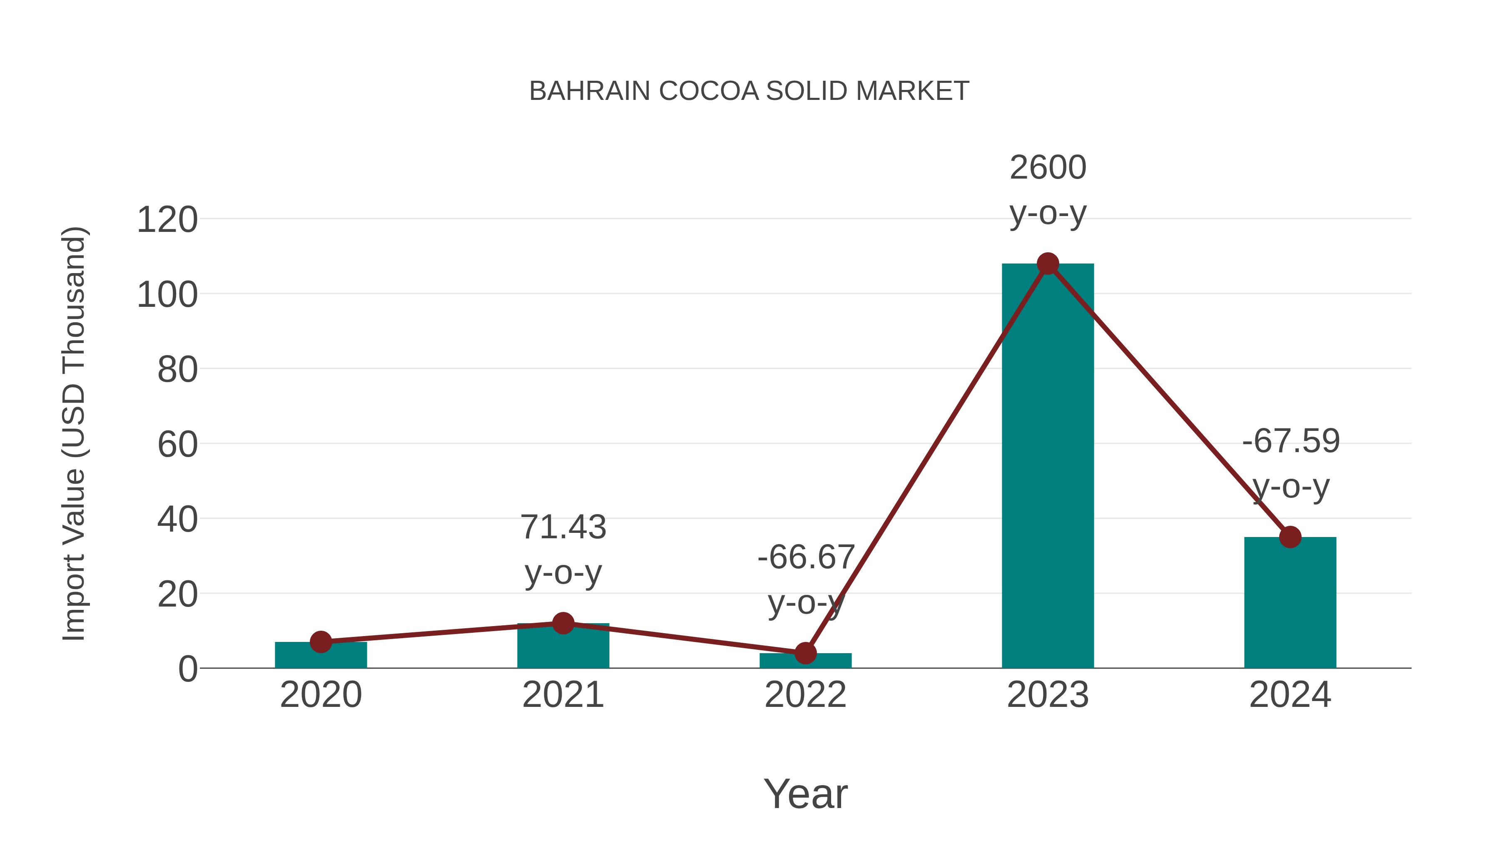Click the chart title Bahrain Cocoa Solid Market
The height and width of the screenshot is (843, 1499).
click(x=749, y=91)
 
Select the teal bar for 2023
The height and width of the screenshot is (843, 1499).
click(x=1048, y=465)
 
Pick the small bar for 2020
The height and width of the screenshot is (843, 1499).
click(x=321, y=656)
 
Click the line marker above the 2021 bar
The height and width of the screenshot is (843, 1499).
click(x=563, y=623)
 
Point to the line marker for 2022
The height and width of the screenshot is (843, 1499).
click(x=805, y=653)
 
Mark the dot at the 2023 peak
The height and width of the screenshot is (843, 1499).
click(x=1048, y=264)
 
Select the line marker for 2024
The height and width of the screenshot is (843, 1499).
click(x=1290, y=537)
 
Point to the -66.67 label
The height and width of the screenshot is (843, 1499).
click(x=805, y=557)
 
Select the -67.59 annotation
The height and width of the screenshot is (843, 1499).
click(x=1290, y=441)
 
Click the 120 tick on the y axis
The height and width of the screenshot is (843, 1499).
click(x=167, y=221)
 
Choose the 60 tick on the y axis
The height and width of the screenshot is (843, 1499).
click(x=177, y=445)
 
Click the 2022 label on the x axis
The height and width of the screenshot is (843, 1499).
click(x=805, y=695)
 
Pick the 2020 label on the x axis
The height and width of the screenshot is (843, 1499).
click(x=321, y=695)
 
